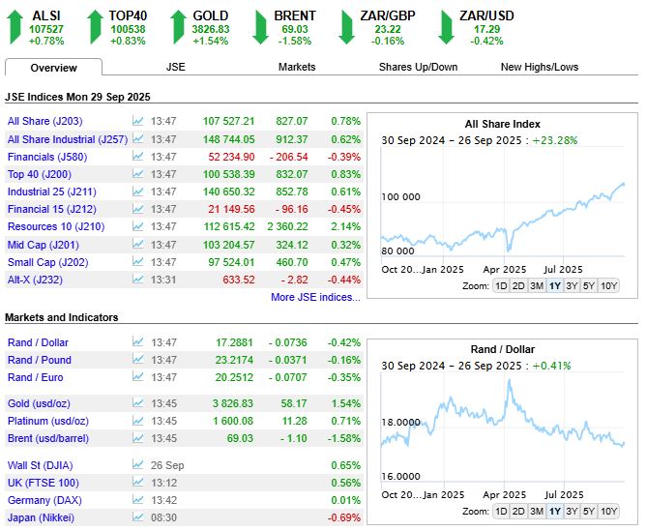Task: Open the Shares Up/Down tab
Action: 418,67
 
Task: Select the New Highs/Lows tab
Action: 540,67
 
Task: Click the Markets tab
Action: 297,67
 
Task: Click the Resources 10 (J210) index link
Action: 56,226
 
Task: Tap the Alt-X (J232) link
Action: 35,280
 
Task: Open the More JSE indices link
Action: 315,297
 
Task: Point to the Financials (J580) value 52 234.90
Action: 231,157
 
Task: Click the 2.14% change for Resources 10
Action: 345,226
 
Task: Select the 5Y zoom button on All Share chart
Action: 589,286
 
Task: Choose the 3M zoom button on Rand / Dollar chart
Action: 537,512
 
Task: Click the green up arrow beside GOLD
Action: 178,27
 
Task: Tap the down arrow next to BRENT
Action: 260,27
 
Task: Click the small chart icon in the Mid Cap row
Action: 137,244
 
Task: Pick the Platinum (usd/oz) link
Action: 48,421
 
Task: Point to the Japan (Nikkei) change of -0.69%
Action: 344,517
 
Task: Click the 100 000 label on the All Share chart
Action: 401,197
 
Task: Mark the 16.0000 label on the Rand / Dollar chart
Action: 401,477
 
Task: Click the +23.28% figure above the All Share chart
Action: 555,140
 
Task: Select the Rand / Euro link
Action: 36,377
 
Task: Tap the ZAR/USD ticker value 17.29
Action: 486,29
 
